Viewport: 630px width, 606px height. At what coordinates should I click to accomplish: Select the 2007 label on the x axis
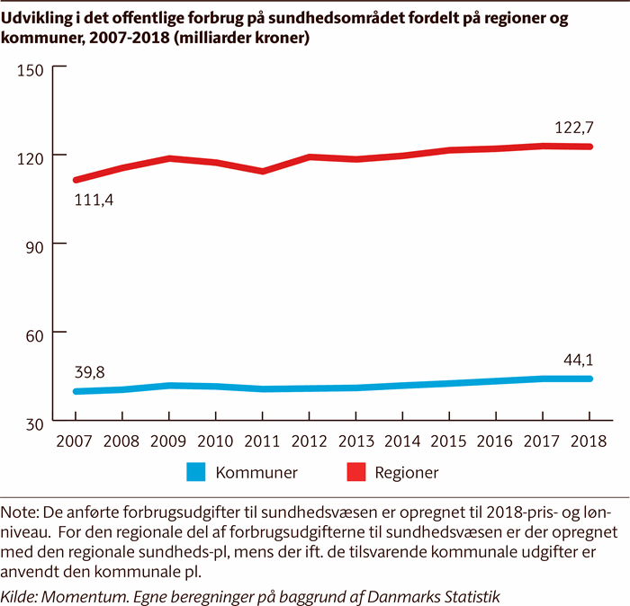(76, 441)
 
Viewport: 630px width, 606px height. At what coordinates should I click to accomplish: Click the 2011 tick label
(263, 441)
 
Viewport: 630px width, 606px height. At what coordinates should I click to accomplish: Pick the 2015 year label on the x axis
(450, 441)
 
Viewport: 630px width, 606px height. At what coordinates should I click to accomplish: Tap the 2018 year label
(589, 441)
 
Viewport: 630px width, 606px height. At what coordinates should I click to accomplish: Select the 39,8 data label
(91, 370)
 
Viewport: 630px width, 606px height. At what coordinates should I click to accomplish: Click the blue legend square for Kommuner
(196, 471)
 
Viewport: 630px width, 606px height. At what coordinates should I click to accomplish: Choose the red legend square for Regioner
(354, 471)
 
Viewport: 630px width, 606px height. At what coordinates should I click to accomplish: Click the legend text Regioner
(407, 471)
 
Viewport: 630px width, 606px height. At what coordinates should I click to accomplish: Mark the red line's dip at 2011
(263, 171)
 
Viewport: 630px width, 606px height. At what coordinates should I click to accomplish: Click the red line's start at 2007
(76, 180)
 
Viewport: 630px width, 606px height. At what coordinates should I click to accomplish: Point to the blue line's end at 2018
(589, 379)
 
